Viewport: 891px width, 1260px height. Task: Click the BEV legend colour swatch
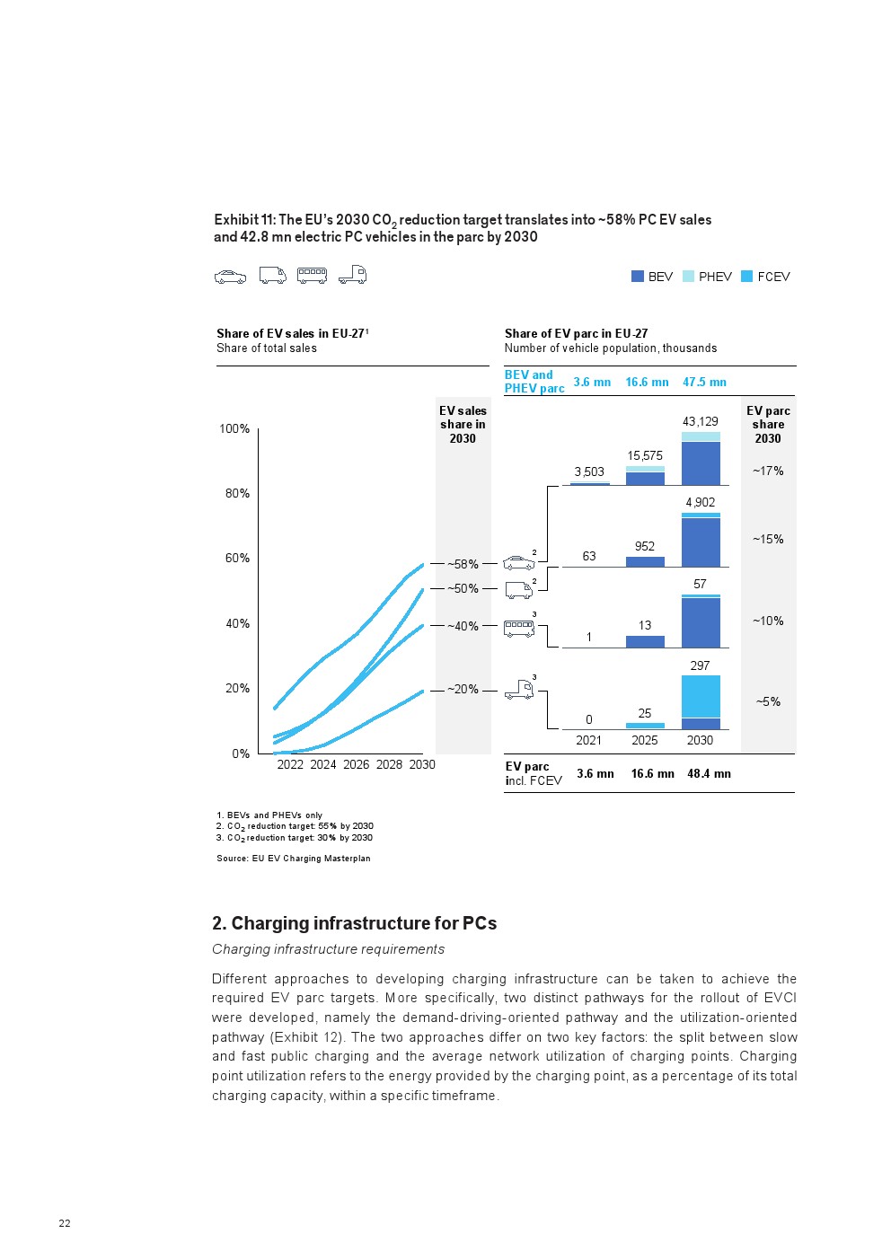(x=638, y=277)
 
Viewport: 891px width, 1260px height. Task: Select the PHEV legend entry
(x=708, y=277)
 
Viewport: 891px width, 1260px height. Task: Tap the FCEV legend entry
(x=765, y=277)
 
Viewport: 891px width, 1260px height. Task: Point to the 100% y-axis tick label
(x=234, y=429)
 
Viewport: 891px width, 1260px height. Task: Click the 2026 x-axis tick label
(x=356, y=765)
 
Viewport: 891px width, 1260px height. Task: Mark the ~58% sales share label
(x=463, y=565)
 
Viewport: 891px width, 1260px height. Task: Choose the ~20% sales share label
(x=463, y=690)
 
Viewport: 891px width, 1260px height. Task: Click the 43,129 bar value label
(x=701, y=421)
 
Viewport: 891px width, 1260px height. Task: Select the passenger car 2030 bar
(x=701, y=459)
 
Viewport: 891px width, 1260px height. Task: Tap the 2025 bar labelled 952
(x=645, y=562)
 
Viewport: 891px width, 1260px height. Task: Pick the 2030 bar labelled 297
(x=701, y=702)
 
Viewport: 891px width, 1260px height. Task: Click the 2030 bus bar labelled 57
(x=701, y=621)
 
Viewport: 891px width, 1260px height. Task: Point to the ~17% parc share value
(x=768, y=471)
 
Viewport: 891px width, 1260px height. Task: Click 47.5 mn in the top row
(x=704, y=383)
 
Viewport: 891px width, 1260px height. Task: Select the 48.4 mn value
(x=709, y=774)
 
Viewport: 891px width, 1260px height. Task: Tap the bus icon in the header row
(x=312, y=276)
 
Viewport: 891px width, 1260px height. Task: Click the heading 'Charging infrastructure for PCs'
(x=354, y=924)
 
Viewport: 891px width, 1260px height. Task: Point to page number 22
(x=65, y=1223)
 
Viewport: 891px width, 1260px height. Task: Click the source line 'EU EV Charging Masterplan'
(x=294, y=859)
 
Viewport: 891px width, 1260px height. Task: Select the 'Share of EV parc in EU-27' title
(x=576, y=333)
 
